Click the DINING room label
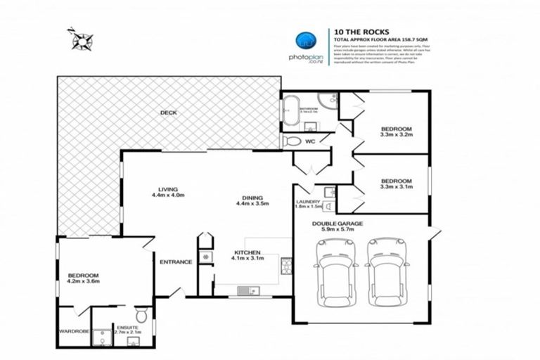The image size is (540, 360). click(x=247, y=198)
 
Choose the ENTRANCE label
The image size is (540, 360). click(x=176, y=262)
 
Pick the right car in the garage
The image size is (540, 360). click(x=385, y=270)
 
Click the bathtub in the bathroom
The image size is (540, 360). click(x=290, y=110)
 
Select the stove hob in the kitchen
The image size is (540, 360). click(x=286, y=266)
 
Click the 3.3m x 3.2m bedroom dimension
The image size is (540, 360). click(x=397, y=136)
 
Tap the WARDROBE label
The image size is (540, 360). click(x=74, y=330)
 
